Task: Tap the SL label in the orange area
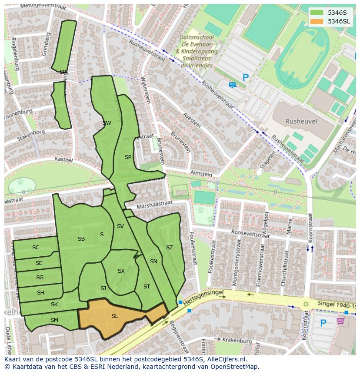[x=115, y=316]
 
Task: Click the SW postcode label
[x=107, y=123]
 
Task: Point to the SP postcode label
[x=128, y=157]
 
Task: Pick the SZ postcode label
[x=169, y=248]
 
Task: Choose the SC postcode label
[x=36, y=248]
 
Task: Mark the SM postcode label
[x=54, y=320]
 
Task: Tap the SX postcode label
[x=121, y=271]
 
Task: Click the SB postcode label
[x=81, y=239]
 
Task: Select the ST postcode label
[x=147, y=287]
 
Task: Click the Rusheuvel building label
[x=301, y=122]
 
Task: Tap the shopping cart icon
[x=341, y=321]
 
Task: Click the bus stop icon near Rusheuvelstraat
[x=232, y=85]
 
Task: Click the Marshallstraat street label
[x=154, y=205]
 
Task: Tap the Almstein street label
[x=201, y=173]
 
